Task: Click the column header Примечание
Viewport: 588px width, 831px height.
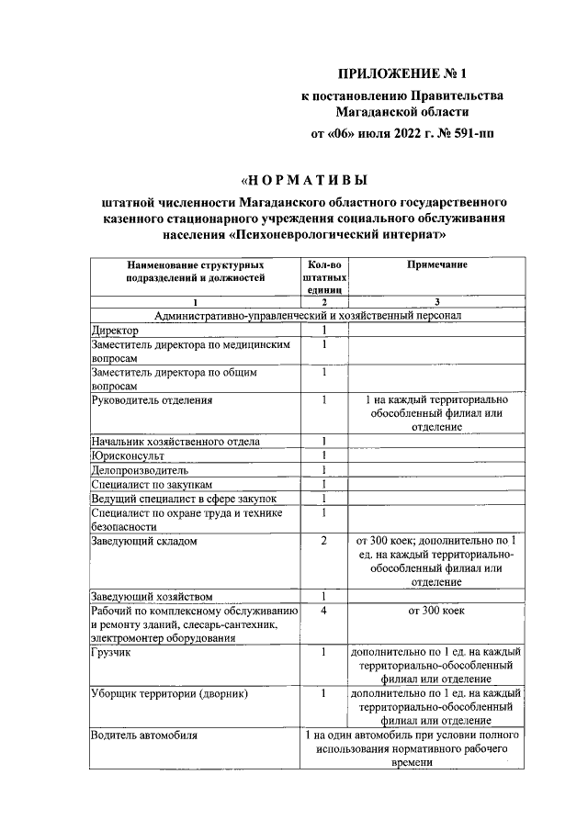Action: [436, 264]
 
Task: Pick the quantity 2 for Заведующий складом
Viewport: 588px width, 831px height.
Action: [324, 541]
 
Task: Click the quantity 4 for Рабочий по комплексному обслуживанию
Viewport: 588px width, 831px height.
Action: [324, 611]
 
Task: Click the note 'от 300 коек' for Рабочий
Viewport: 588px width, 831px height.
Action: [436, 611]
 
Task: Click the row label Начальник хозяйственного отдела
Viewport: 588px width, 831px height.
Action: [175, 442]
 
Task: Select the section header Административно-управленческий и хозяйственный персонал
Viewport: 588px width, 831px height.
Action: [308, 315]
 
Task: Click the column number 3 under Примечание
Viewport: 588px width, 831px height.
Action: [436, 302]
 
